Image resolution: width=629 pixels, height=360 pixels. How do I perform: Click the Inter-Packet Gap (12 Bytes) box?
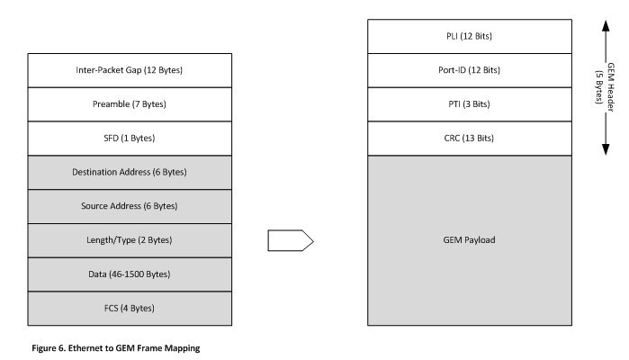(130, 70)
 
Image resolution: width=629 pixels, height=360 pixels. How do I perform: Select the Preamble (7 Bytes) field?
(130, 104)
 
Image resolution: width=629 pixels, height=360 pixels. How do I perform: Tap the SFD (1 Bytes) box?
(130, 138)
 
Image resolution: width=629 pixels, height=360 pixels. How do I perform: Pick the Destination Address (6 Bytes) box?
(130, 172)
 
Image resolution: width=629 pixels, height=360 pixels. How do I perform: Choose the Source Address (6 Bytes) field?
(130, 206)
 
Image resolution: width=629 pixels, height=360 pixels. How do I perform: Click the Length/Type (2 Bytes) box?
(130, 240)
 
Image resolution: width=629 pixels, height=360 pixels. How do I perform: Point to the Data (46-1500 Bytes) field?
(130, 274)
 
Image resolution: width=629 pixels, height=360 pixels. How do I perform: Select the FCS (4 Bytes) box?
(130, 308)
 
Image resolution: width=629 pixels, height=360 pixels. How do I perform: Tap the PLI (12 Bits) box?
(470, 36)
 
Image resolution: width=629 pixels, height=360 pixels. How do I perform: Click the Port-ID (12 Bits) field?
(470, 70)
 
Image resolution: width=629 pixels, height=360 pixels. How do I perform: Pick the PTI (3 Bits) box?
(470, 104)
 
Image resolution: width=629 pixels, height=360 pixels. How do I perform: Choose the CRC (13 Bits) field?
(470, 138)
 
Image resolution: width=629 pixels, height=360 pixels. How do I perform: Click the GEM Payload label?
(469, 240)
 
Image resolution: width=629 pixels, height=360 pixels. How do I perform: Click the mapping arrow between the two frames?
(291, 240)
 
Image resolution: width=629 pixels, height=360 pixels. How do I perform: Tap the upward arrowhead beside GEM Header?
(606, 26)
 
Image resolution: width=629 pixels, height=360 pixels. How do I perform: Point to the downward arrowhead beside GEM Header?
(606, 149)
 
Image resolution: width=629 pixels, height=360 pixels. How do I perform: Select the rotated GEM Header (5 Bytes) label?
(605, 87)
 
